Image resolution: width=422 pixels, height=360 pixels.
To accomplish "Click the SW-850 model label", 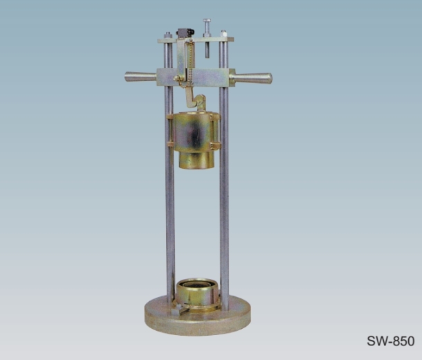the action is point(390,341).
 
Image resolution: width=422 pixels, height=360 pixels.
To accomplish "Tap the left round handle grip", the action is point(140,77).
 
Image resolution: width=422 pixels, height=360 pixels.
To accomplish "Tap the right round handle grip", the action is point(251,78).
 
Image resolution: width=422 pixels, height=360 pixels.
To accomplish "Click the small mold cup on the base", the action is point(197,294).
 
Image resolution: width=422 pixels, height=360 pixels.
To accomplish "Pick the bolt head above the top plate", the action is point(207,21).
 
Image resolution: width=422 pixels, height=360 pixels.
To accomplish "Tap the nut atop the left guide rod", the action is point(168,35).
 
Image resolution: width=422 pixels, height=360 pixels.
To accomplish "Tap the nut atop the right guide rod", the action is point(223,34).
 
